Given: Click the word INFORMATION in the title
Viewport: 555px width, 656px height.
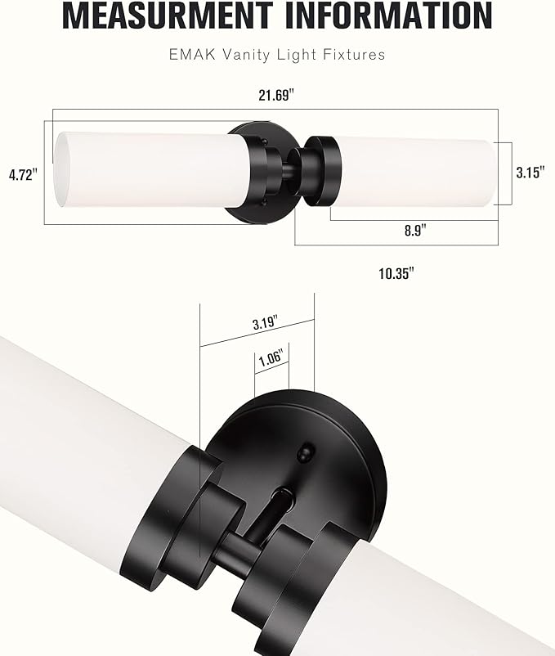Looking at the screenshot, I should pos(387,16).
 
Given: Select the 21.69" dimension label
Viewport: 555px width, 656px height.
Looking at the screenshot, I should pos(276,95).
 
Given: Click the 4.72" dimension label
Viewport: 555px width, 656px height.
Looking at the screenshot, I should pos(23,174).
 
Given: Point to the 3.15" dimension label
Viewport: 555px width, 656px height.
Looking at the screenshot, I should pos(530,173).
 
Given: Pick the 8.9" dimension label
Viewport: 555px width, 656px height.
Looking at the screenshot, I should pos(414,231).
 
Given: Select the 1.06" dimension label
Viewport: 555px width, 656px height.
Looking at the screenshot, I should pos(270,357).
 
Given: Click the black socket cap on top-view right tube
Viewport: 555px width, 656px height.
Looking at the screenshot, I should pos(321,171).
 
